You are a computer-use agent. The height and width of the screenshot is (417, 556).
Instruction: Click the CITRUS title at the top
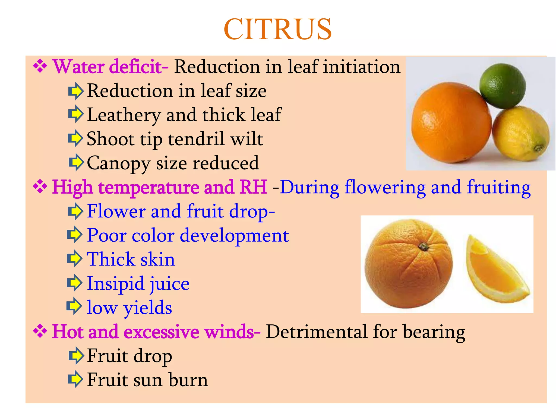point(277,29)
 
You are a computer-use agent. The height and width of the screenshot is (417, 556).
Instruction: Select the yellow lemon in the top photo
point(521,134)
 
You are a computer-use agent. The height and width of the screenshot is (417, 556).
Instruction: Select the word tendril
point(196,139)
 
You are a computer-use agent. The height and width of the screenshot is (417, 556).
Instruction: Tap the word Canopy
point(118,163)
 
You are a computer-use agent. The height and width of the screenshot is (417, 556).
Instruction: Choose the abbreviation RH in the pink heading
point(254,187)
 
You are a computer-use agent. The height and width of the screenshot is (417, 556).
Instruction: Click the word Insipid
point(115,284)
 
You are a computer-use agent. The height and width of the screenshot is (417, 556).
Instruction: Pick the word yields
point(148,308)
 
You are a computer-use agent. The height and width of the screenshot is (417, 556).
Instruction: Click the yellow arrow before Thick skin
point(75,259)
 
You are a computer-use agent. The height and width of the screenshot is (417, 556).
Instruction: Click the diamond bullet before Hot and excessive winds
point(40,331)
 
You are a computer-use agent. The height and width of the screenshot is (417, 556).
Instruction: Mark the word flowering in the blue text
point(385,188)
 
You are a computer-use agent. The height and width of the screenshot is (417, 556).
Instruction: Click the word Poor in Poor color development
point(106,235)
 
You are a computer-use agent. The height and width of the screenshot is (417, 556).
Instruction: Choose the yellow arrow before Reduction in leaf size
point(75,91)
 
